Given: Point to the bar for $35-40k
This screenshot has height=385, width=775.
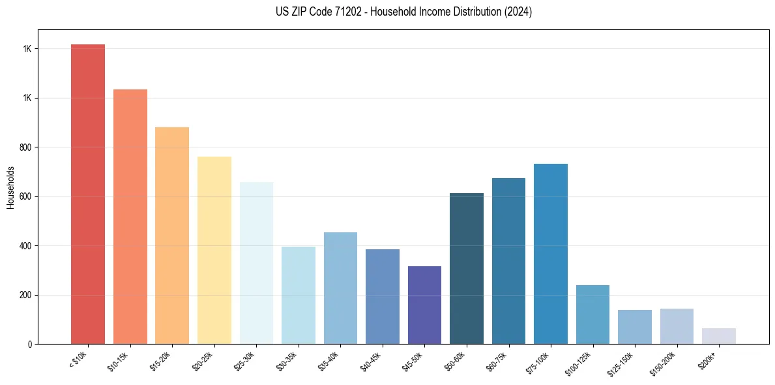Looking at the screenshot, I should tap(340, 288).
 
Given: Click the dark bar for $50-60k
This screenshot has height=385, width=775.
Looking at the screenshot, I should tap(466, 268).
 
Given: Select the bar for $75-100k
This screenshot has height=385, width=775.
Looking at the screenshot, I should tap(550, 254).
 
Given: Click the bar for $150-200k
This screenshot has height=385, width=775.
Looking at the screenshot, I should tap(677, 326).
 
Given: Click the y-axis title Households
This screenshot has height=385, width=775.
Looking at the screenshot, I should tap(11, 187).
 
